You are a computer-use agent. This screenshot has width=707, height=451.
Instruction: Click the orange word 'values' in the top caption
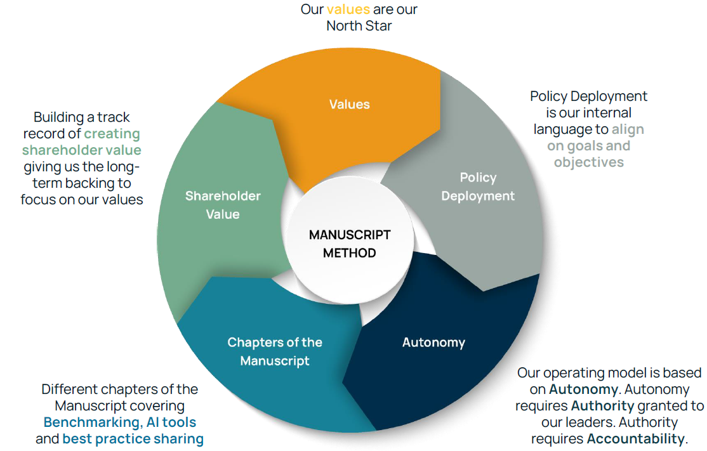click(348, 10)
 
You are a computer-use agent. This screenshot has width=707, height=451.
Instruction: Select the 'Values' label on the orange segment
click(349, 104)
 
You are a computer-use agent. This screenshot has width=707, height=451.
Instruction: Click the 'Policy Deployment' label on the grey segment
click(477, 186)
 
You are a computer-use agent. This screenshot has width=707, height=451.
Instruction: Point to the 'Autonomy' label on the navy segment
click(433, 343)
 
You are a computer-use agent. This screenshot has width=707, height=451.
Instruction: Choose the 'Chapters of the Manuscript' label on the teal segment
click(275, 351)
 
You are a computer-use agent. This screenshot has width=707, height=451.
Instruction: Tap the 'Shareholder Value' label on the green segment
click(223, 205)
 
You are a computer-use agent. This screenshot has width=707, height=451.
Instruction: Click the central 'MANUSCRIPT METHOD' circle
click(350, 244)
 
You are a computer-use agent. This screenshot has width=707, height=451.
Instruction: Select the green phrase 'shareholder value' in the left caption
click(81, 150)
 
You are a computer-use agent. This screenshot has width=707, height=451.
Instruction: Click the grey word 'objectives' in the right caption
click(588, 162)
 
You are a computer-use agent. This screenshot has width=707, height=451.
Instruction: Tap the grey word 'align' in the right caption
click(628, 129)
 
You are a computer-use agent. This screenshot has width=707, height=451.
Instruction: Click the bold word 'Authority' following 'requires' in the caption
click(602, 406)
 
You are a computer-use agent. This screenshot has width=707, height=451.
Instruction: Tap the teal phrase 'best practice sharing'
click(133, 439)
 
